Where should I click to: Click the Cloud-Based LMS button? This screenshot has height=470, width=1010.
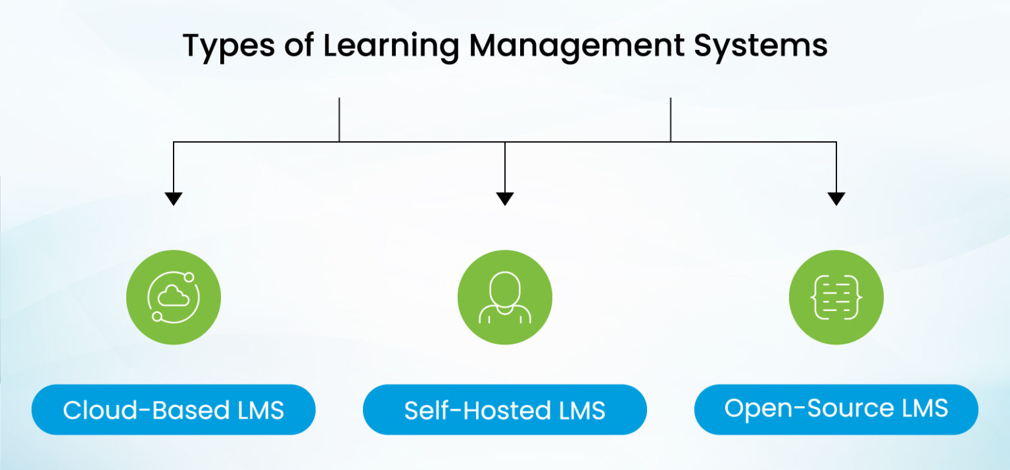tap(174, 410)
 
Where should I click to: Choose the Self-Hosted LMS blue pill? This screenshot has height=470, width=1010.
tap(505, 410)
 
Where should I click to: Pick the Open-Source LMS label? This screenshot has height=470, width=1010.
tap(836, 409)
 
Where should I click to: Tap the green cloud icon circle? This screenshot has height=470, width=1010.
tap(174, 298)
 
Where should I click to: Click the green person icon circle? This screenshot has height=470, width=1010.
tap(505, 298)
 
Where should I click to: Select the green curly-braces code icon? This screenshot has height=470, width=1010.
tap(836, 298)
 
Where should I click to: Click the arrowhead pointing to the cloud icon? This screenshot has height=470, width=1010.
tap(174, 199)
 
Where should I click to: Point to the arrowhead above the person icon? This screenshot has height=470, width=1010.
tap(505, 199)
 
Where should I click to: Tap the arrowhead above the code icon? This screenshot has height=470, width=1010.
tap(836, 199)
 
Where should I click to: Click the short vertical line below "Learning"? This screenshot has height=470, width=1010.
tap(339, 120)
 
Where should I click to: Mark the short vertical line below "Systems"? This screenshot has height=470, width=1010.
tap(671, 120)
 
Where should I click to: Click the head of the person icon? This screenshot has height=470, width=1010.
tap(505, 287)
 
